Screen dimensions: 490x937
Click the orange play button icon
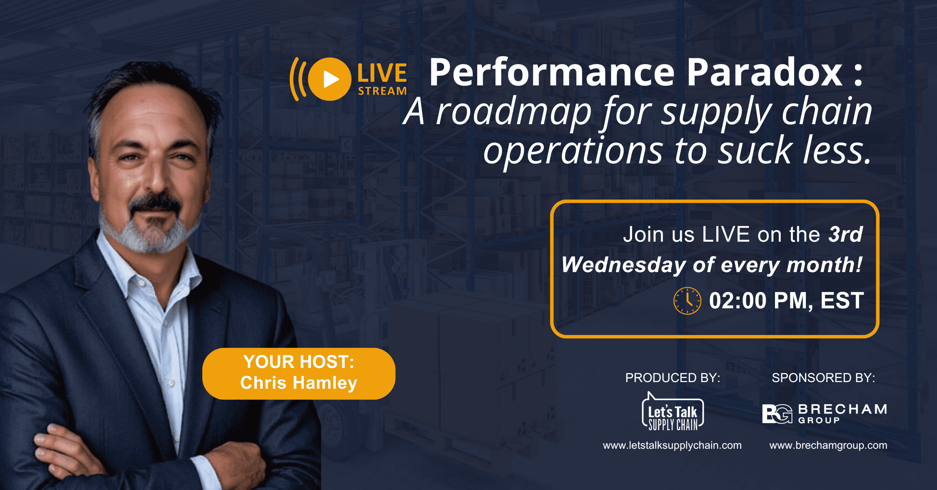(329, 79)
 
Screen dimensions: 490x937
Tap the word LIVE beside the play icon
(382, 73)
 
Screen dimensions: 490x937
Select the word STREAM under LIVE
(382, 91)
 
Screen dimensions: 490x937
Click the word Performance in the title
(551, 73)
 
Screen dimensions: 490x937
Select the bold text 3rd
(845, 234)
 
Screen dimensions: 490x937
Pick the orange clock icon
(687, 301)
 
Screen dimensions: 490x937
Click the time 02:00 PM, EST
(786, 301)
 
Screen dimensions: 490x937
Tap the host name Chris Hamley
(299, 383)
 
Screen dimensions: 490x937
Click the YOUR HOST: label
(299, 362)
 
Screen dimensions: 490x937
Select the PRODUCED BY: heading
(673, 378)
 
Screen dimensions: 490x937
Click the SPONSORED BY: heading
(823, 378)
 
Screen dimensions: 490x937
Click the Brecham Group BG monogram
(777, 414)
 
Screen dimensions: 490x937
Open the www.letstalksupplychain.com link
(672, 445)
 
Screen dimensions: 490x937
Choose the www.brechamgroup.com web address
(828, 445)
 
